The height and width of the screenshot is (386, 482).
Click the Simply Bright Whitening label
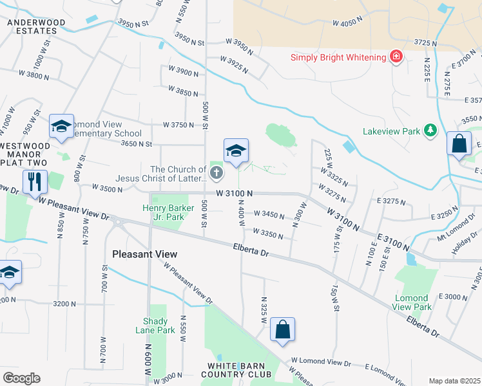338,57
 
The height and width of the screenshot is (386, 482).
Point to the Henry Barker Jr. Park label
164,212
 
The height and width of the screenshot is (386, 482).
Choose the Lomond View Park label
410,302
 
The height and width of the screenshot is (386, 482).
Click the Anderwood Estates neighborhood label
36,26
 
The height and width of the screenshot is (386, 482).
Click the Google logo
21,378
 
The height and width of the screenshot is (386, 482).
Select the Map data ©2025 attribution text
454,381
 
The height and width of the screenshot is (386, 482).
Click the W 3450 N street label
269,214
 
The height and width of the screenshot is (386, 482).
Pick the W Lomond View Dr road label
320,363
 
